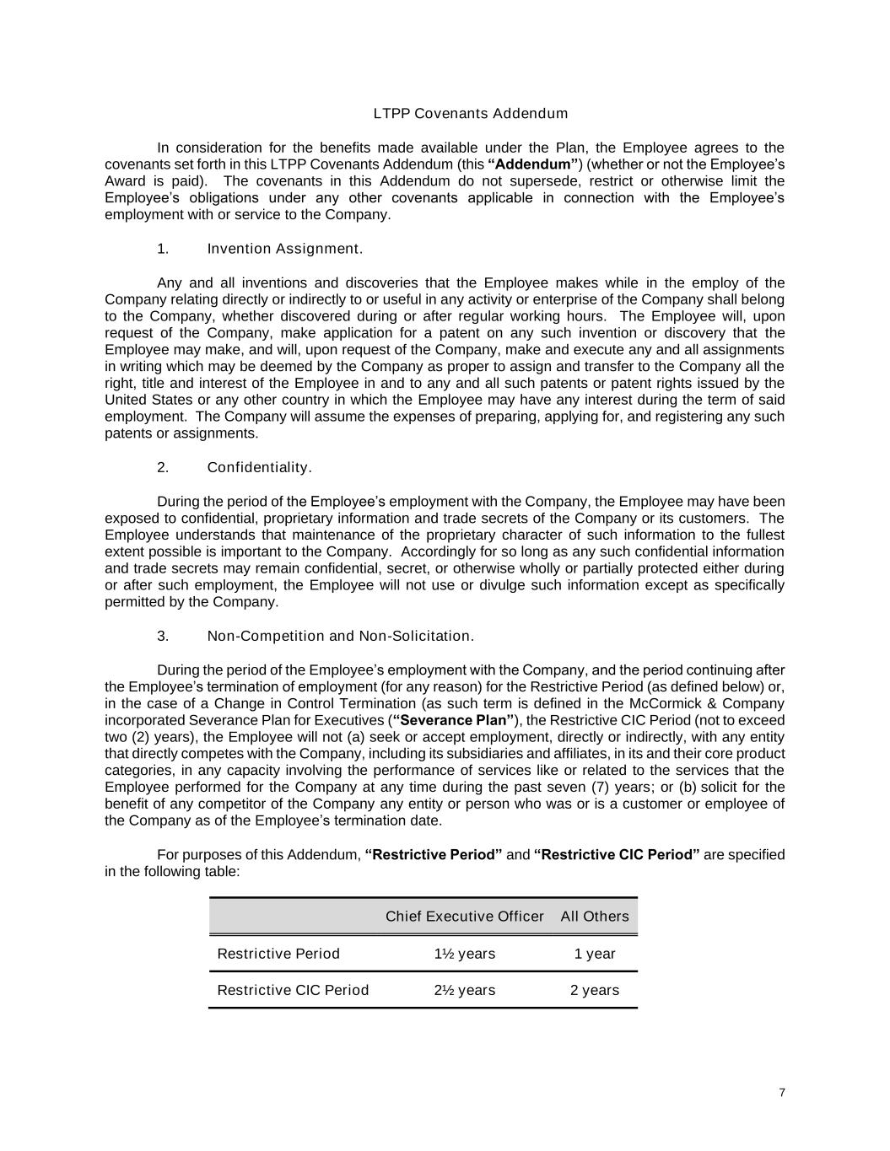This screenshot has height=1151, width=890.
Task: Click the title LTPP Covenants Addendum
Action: (x=471, y=114)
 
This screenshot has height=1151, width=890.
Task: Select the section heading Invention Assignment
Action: (x=285, y=249)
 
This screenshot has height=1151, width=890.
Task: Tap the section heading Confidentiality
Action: (x=260, y=468)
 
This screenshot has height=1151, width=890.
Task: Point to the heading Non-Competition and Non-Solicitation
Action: (x=341, y=637)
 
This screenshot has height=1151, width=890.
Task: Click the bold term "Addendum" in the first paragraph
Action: (x=533, y=164)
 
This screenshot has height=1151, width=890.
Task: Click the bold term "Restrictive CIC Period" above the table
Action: (x=617, y=855)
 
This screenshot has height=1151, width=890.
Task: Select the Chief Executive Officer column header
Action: (x=465, y=917)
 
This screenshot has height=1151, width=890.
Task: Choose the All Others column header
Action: (x=595, y=917)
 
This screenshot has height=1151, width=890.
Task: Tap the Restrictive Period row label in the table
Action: (x=278, y=954)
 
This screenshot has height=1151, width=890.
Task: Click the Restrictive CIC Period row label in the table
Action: (x=293, y=990)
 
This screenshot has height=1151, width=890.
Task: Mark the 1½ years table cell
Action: (x=465, y=954)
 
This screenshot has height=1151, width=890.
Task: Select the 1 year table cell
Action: (x=595, y=954)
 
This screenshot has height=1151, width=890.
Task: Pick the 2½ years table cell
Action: (x=465, y=990)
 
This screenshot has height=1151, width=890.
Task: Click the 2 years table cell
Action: (x=595, y=990)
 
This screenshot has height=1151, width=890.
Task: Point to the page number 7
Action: (x=782, y=1093)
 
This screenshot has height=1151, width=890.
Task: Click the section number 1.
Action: (x=163, y=249)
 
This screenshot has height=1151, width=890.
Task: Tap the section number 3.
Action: (x=163, y=637)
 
